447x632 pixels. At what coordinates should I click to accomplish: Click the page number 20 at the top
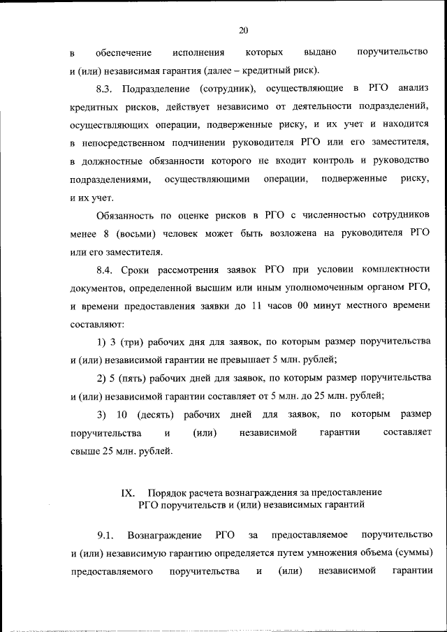click(243, 30)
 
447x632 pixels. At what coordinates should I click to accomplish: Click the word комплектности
click(398, 269)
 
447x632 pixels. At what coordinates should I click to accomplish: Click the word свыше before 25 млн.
click(86, 450)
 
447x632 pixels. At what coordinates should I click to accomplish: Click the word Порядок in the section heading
click(174, 492)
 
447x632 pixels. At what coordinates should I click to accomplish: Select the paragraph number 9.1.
click(105, 535)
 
